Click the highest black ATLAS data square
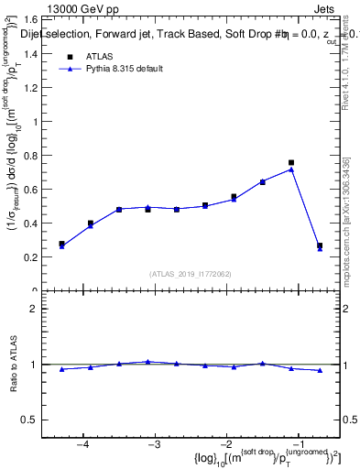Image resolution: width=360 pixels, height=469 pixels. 291,163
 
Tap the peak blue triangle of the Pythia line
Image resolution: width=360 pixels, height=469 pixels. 291,169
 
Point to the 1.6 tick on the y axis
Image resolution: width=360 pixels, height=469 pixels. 42,19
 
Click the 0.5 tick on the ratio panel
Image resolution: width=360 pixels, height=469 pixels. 40,420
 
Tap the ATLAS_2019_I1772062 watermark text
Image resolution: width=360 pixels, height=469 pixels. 191,274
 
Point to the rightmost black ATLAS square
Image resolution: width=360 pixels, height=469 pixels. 320,245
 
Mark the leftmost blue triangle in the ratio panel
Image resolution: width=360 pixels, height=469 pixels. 61,369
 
